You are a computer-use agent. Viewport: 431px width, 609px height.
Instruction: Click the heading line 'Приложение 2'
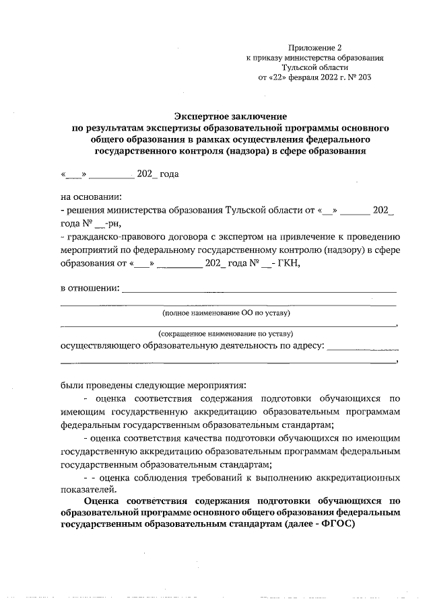tap(315, 48)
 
